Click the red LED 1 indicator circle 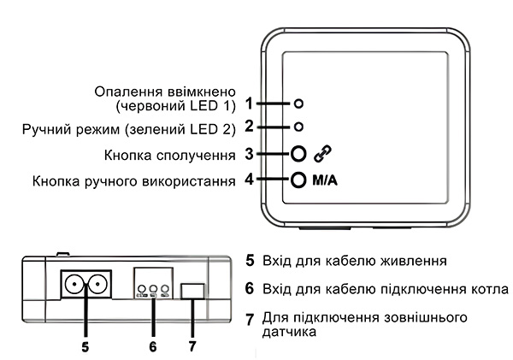pyautogui.click(x=298, y=103)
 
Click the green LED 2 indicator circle pyautogui.click(x=298, y=127)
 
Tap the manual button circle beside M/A pyautogui.click(x=298, y=180)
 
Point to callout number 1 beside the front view pyautogui.click(x=248, y=103)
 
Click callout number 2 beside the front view pyautogui.click(x=248, y=127)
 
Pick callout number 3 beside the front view pyautogui.click(x=248, y=155)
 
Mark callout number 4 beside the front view pyautogui.click(x=248, y=181)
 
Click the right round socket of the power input pyautogui.click(x=97, y=285)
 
